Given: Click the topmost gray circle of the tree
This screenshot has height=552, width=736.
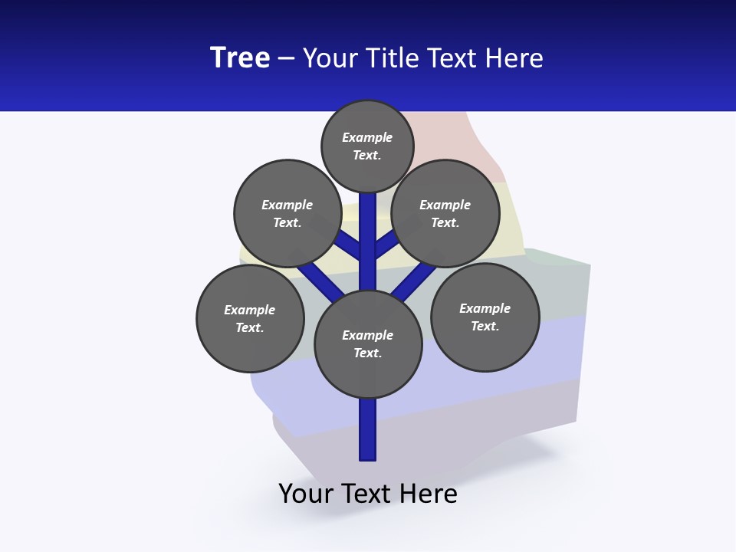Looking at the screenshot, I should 367,146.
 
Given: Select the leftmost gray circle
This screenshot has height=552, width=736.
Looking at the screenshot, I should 250,318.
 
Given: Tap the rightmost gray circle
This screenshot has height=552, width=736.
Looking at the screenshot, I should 485,317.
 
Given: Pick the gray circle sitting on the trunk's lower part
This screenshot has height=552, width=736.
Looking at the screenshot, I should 368,344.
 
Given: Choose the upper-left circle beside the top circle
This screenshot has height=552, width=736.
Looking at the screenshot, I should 287,213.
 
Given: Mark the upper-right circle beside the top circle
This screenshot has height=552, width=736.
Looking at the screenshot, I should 445,213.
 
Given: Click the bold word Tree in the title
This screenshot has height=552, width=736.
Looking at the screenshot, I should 240,58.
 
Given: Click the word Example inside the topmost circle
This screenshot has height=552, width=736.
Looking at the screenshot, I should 367,137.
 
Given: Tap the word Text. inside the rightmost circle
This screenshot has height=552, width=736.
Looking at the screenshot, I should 485,326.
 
